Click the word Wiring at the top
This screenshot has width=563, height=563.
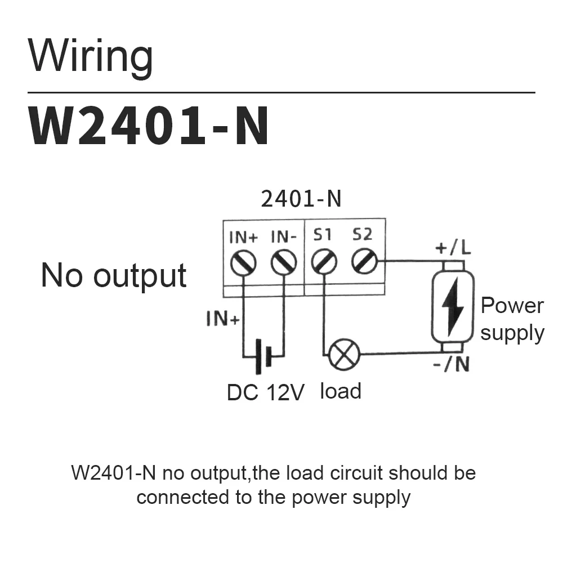[91, 57]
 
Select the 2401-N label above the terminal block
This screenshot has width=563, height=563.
[301, 199]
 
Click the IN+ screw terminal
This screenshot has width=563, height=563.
[243, 262]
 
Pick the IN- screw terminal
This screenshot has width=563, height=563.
[284, 262]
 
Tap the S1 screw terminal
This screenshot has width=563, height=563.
[324, 262]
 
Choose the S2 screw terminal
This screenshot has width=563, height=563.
[364, 262]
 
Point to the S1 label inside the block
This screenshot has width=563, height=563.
[322, 234]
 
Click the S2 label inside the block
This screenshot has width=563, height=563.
[363, 234]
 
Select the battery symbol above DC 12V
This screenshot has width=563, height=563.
[263, 356]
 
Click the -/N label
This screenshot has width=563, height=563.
[452, 365]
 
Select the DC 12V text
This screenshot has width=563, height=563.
[265, 393]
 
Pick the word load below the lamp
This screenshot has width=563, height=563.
[341, 390]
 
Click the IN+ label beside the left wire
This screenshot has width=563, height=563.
[223, 319]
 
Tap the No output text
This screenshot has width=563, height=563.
[114, 276]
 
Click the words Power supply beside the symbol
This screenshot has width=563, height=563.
[512, 319]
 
